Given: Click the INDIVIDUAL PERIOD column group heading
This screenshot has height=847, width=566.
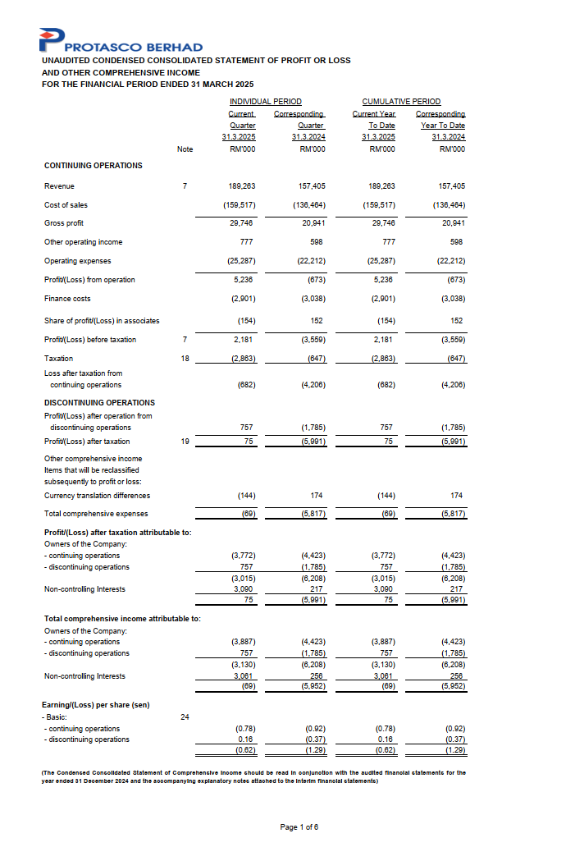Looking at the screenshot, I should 259,101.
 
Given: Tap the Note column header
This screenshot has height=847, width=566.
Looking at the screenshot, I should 185,149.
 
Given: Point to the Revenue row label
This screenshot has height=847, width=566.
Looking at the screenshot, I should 59,186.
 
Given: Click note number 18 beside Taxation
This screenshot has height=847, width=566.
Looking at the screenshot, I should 185,358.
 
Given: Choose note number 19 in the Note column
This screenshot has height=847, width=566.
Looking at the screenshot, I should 185,442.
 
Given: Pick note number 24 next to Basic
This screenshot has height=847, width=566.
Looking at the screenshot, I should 185,717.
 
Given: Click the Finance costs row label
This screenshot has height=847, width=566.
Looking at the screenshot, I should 66,299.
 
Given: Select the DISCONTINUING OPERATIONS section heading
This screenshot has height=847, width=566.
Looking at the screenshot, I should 99,402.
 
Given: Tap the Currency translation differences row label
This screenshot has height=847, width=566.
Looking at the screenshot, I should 97,496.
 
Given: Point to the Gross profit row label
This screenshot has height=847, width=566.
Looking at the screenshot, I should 64,223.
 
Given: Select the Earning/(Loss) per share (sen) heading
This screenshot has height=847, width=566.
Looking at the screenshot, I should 95,705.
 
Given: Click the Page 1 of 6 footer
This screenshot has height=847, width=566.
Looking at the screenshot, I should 299,826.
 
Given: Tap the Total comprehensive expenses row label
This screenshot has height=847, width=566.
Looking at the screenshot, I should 96,514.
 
